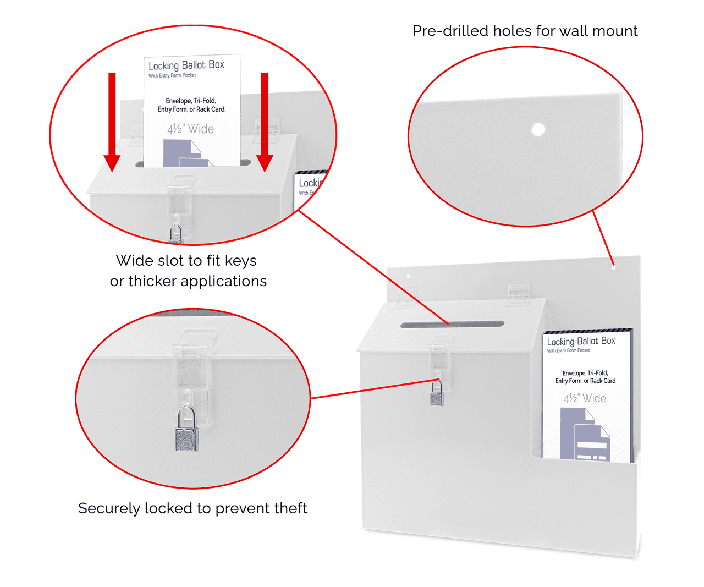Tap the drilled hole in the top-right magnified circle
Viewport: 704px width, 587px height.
tap(538, 130)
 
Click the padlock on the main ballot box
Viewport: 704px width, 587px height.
tap(437, 395)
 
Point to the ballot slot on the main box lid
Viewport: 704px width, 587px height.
tap(452, 325)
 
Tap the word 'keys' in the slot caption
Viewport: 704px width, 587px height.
tap(240, 261)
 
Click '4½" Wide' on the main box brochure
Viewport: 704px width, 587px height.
tap(585, 398)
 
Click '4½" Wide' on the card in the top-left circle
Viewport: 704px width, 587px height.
tap(191, 129)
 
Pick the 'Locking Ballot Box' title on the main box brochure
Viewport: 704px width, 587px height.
tap(581, 341)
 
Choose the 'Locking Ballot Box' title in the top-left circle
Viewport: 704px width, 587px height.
tap(186, 65)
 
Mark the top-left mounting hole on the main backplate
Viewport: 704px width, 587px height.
tap(408, 276)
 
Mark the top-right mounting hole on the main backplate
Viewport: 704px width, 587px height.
tap(614, 267)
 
